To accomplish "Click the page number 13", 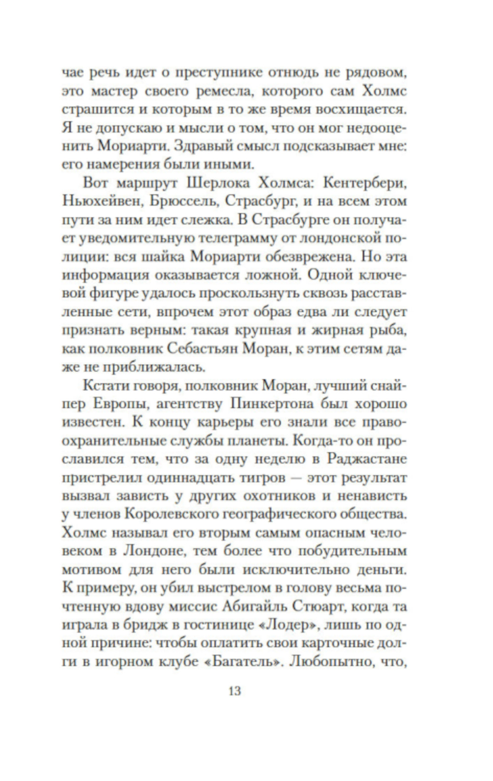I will [235, 691].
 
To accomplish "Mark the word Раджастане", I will [366, 459].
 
